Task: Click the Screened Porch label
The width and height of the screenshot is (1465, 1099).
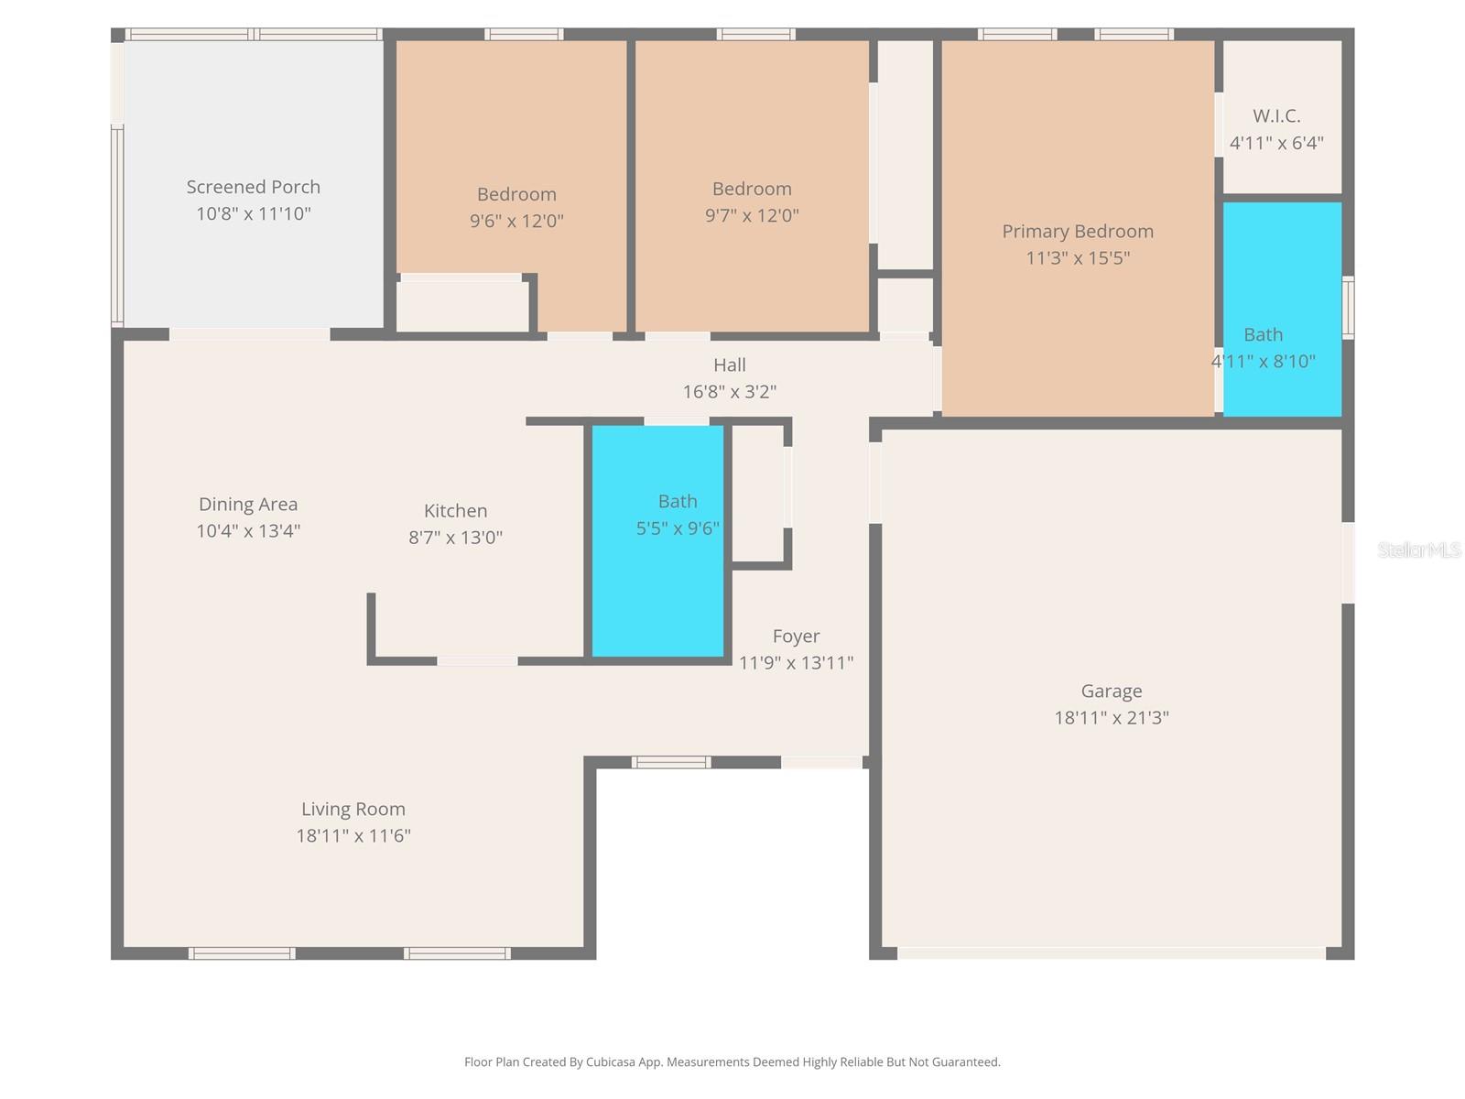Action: pos(254,187)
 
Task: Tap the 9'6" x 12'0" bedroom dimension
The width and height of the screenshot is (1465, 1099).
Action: pos(516,221)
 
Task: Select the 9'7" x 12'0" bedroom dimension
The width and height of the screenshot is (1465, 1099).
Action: pos(752,215)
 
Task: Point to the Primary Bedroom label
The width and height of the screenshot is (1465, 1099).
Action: pos(1077,231)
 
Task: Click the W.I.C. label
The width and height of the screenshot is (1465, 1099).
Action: pos(1276,116)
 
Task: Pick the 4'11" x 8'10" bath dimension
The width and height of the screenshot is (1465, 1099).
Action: pos(1264,361)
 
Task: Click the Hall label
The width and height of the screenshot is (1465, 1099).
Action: pos(730,365)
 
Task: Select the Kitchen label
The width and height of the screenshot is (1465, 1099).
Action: pos(455,511)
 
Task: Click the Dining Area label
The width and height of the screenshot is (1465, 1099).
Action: pos(248,504)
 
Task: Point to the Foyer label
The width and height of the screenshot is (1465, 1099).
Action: pos(796,636)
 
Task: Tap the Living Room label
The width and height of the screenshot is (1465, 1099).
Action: pos(353,809)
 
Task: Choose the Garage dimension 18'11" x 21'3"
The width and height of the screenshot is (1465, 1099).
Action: pos(1112,717)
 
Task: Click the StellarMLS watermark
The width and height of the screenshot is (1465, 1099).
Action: pos(1418,549)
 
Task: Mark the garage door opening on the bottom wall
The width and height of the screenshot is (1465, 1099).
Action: pos(1111,953)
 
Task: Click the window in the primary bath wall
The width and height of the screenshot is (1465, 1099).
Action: pos(1348,308)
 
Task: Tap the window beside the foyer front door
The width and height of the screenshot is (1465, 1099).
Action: pos(671,762)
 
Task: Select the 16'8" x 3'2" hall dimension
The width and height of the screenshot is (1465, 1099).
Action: pos(730,391)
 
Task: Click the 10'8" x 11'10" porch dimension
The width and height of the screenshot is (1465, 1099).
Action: pos(254,213)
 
